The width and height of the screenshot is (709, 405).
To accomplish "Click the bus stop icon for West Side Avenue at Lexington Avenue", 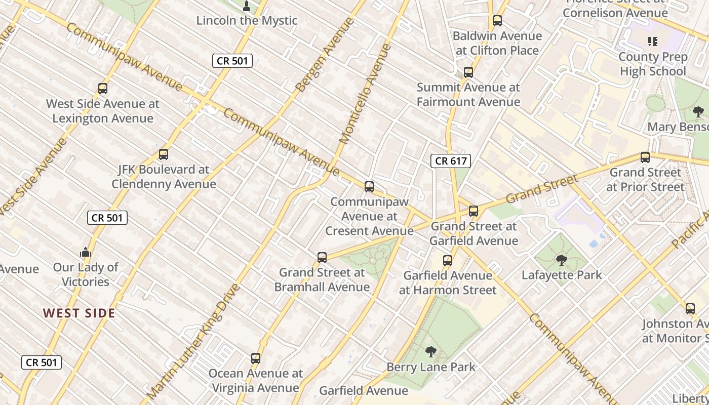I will point(103,89).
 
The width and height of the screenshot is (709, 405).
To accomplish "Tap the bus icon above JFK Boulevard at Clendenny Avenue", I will point(164,154).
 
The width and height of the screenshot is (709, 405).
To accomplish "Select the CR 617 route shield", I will point(451,161).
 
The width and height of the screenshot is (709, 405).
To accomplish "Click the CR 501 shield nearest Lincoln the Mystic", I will point(232,61).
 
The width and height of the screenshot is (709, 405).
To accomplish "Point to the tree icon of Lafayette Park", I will point(561,260).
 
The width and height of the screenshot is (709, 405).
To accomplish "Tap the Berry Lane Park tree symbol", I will point(430,351).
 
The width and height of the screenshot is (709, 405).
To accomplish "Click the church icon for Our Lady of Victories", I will point(85,252).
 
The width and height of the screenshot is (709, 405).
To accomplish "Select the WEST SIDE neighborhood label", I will point(79,313).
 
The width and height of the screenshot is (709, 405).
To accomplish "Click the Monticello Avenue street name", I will point(365,94).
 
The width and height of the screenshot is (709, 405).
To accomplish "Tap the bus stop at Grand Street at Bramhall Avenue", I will point(322,258).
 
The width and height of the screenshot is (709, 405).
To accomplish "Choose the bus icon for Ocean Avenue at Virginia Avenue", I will point(256,358).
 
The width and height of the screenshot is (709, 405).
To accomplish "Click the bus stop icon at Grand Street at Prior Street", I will point(645,157).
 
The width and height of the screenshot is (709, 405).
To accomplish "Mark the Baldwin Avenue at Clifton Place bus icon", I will point(497,21).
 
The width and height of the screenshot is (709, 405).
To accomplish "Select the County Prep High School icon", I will point(653,42).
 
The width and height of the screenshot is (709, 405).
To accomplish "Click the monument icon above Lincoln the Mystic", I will point(247,6).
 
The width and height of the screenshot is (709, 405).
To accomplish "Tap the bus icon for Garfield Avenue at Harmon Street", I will point(448,261).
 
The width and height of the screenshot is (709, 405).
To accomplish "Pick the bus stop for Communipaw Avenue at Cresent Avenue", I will point(369,187).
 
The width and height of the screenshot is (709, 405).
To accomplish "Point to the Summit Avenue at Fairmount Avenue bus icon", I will point(468,72).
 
